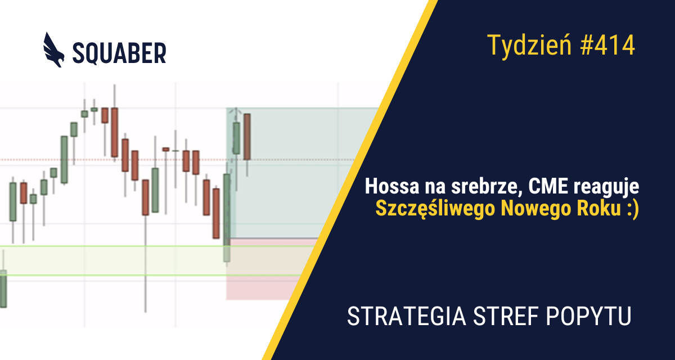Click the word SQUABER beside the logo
tap(119, 53)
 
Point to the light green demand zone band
tap(112, 260)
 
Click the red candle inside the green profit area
tap(247, 136)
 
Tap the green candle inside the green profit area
tap(236, 138)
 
